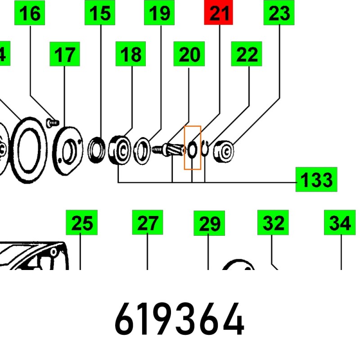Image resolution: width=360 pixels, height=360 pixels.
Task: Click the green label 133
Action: [x=316, y=179]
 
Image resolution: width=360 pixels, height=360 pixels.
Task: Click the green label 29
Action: [x=209, y=223]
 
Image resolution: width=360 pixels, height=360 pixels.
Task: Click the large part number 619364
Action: [x=180, y=320]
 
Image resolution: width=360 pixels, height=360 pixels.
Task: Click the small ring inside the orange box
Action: [x=192, y=150]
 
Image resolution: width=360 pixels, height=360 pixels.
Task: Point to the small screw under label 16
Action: [x=53, y=121]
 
